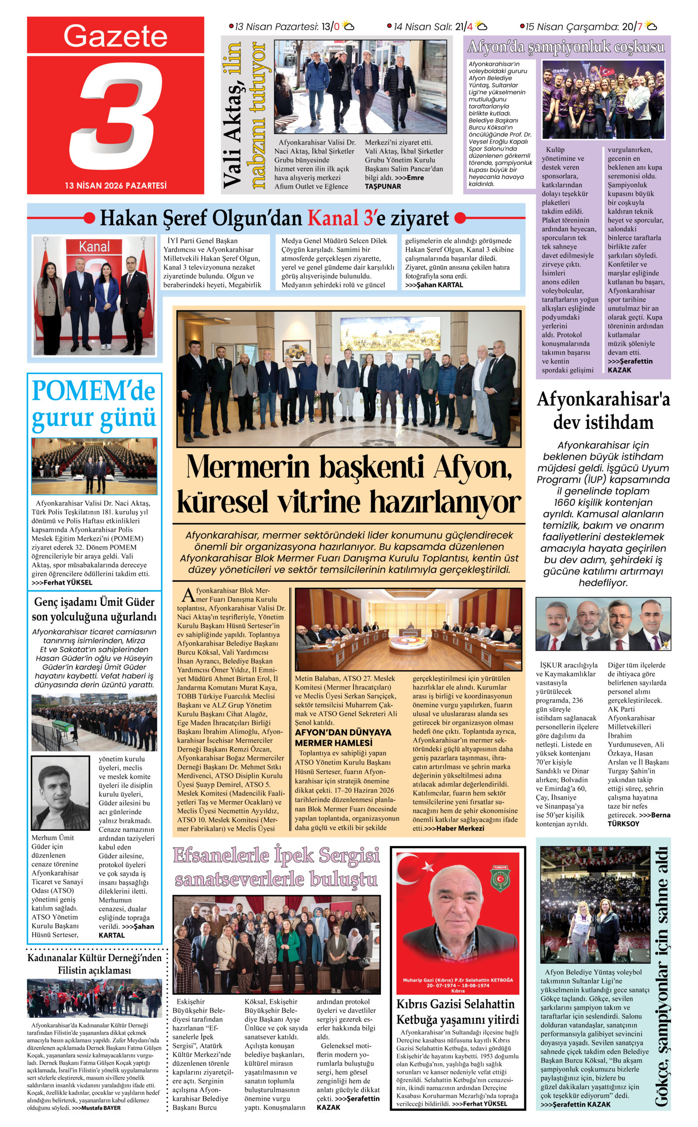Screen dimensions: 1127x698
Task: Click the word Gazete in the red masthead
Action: coord(115,36)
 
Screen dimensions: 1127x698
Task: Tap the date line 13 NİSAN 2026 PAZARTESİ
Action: coord(115,185)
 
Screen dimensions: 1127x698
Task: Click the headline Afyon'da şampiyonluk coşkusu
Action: coord(566,47)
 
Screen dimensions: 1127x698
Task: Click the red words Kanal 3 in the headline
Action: coord(341,218)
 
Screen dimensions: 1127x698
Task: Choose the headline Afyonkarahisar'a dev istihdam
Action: coord(603,410)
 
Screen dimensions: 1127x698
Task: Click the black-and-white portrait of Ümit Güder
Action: coord(60,792)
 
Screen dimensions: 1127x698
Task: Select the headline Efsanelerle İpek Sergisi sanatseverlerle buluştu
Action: coord(276,867)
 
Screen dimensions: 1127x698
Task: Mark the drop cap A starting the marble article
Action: coord(188,595)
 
